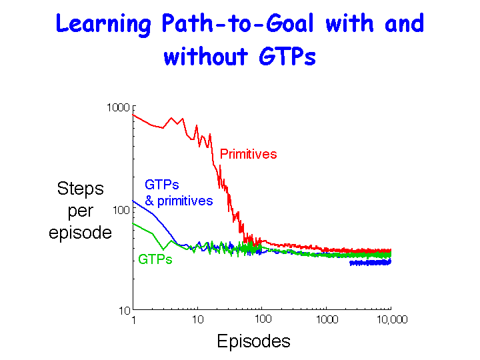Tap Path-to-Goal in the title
click(x=238, y=23)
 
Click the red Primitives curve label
click(x=248, y=154)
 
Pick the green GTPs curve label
click(x=155, y=259)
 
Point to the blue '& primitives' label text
click(x=179, y=201)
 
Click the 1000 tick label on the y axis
click(x=119, y=108)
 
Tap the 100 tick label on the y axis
click(x=121, y=210)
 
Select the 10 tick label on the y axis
click(x=125, y=311)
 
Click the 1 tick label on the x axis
click(x=133, y=320)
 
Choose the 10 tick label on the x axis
click(x=198, y=319)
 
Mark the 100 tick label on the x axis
click(x=263, y=319)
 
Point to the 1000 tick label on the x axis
click(x=327, y=319)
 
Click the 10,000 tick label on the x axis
click(x=392, y=319)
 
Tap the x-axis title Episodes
click(x=253, y=341)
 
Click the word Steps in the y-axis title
click(x=81, y=189)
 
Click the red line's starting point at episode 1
click(x=133, y=115)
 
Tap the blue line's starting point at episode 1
click(x=133, y=201)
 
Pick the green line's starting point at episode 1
click(x=133, y=223)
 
